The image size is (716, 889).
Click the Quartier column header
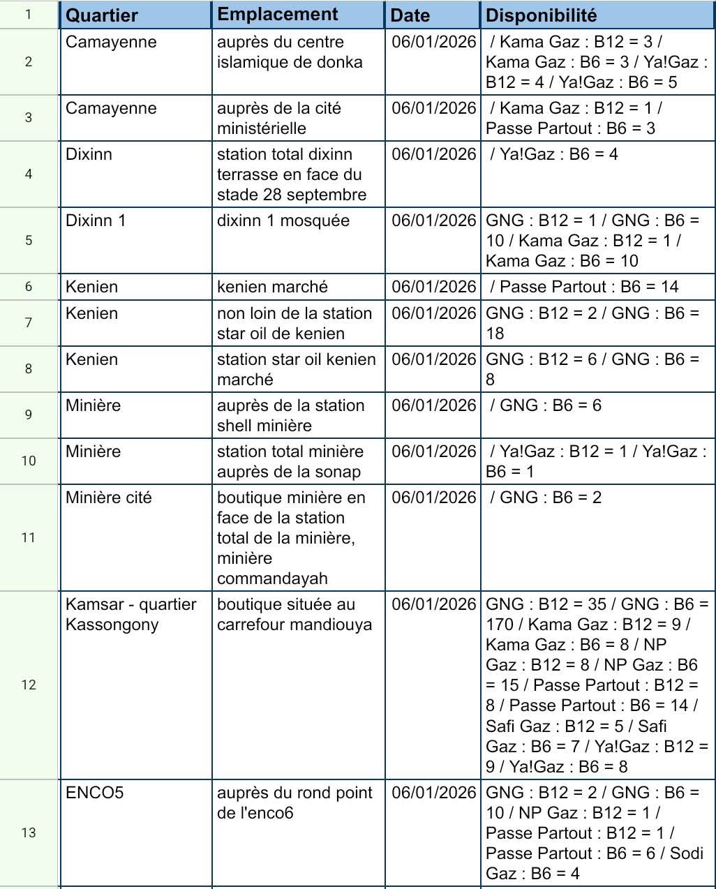coord(102,15)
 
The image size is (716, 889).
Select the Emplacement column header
coord(277,15)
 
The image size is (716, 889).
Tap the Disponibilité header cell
coord(541,15)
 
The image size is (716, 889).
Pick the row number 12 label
coord(29,685)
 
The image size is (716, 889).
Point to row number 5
coord(29,240)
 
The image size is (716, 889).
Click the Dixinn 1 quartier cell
coord(96,221)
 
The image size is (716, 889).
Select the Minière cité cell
coord(108,498)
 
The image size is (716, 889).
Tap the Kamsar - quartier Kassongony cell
coord(130,614)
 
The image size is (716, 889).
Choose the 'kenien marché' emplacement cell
coord(272,287)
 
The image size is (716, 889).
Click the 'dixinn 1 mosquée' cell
coord(283,221)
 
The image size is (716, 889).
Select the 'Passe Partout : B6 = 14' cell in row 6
coord(584,287)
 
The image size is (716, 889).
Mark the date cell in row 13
coord(433,793)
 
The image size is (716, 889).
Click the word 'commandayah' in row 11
coord(272,578)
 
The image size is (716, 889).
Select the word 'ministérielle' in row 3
coord(262,128)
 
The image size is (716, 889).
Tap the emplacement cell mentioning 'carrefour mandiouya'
coord(294,614)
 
